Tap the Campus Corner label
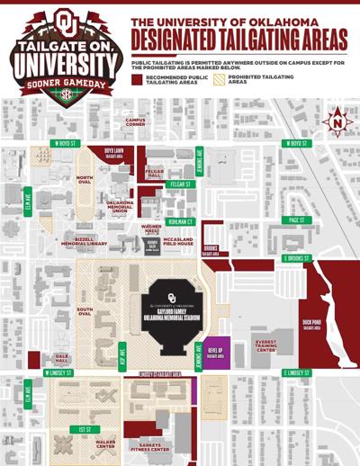[136, 123]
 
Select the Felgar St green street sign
[181, 184]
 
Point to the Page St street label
[294, 220]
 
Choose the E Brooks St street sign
[295, 258]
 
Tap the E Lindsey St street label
[295, 372]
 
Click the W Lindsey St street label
[58, 372]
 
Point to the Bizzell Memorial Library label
[85, 242]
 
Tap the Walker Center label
[105, 444]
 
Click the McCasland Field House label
[178, 241]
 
